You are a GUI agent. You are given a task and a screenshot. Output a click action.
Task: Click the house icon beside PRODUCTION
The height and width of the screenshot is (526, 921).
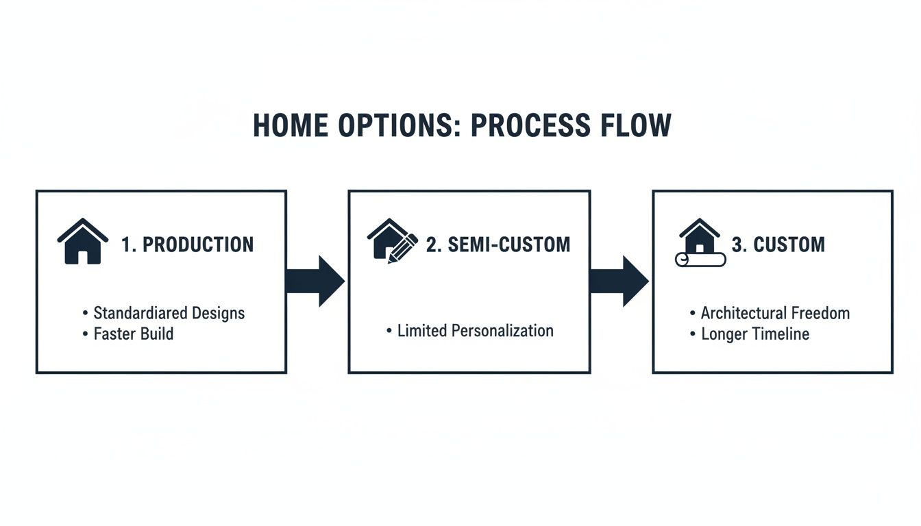tap(83, 242)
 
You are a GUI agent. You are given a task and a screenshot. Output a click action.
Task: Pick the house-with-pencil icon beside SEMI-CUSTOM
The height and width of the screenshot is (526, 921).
tap(392, 241)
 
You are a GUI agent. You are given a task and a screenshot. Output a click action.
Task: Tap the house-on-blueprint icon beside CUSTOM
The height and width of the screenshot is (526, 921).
tap(700, 242)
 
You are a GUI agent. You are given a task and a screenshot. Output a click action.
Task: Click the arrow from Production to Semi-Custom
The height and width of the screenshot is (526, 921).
tap(315, 281)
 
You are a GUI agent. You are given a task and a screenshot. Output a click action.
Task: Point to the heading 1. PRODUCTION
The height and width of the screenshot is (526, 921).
tap(187, 245)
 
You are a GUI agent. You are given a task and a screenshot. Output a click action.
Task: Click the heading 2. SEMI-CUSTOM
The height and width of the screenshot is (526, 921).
tap(498, 245)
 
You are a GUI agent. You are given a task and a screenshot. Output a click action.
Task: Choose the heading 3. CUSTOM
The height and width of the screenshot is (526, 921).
tap(778, 245)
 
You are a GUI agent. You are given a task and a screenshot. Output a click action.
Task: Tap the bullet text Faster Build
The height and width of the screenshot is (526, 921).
tap(133, 334)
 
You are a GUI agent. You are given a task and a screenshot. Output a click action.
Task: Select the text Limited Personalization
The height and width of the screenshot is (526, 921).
tap(475, 331)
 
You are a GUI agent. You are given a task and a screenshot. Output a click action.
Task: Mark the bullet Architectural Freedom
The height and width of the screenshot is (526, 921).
tap(774, 313)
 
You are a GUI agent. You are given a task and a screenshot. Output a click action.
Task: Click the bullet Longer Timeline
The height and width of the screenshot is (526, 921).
tap(754, 334)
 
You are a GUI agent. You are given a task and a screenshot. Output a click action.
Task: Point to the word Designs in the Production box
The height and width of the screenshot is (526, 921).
tap(218, 313)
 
